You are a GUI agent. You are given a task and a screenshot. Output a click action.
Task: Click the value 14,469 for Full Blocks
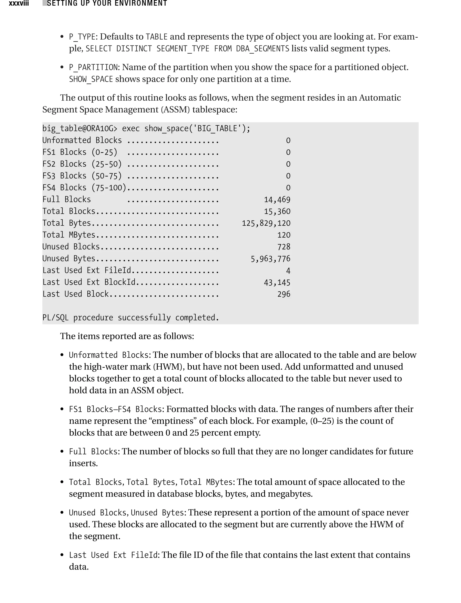coord(277,199)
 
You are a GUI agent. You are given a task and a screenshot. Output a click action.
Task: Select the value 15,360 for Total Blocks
coord(277,211)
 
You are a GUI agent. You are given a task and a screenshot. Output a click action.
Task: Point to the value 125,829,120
coord(266,223)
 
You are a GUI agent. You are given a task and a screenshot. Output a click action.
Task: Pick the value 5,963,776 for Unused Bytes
coord(270,258)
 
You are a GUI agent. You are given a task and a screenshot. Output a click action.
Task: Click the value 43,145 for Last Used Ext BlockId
coord(277,282)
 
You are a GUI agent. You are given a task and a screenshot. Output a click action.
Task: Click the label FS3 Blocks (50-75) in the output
coord(82,176)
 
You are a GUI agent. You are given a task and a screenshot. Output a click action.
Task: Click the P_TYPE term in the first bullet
coord(82,37)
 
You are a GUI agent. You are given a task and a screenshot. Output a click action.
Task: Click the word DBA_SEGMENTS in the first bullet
coord(262,49)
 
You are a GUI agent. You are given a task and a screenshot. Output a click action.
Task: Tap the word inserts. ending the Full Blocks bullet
coord(83,463)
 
